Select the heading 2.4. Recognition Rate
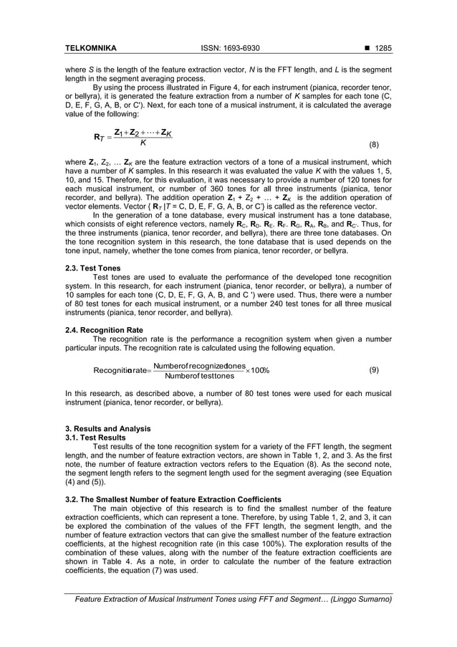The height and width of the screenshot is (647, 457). pyautogui.click(x=104, y=330)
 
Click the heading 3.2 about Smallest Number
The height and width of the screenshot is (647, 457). pyautogui.click(x=173, y=499)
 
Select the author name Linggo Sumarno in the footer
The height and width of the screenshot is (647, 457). pyautogui.click(x=361, y=599)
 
